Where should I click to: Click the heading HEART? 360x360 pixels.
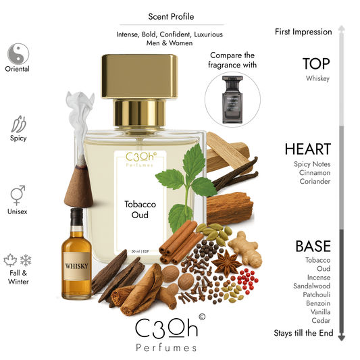(x=307, y=149)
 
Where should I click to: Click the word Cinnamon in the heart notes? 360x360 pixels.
(x=312, y=172)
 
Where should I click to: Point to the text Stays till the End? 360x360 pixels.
(x=303, y=332)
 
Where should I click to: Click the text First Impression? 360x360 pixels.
(x=303, y=32)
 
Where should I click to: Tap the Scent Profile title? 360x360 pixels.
(x=168, y=16)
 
